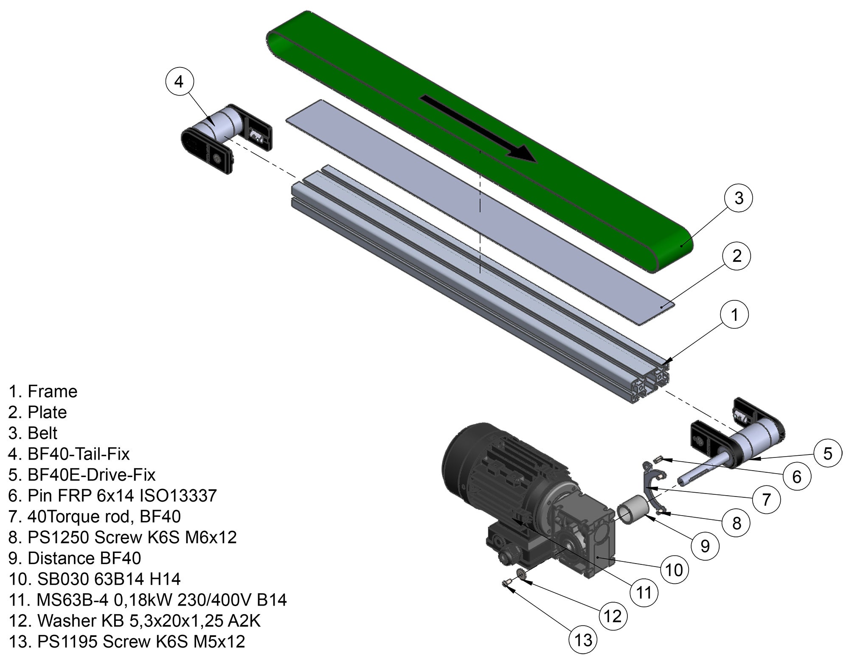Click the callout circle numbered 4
click(179, 81)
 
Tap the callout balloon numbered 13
click(583, 640)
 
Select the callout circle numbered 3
click(739, 198)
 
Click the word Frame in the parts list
click(52, 391)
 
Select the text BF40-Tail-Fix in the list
click(79, 454)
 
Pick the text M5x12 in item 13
click(219, 641)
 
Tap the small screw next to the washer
click(506, 584)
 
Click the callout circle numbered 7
click(766, 499)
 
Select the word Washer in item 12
click(65, 620)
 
